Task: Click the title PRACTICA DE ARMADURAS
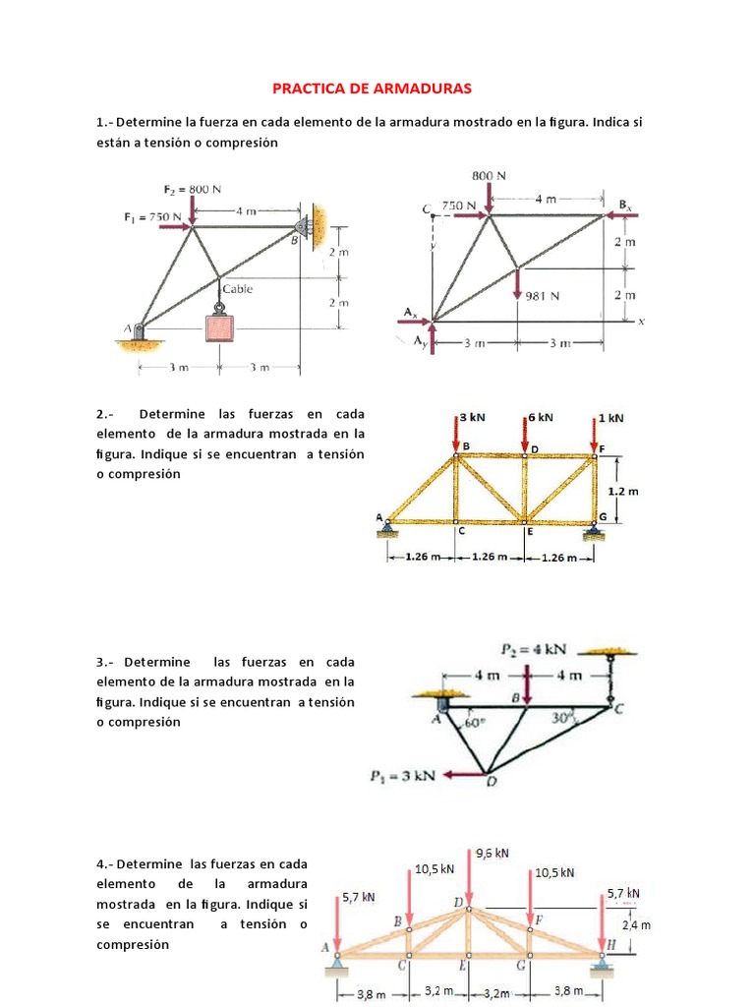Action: click(372, 89)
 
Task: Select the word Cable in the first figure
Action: click(237, 289)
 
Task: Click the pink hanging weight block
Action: click(220, 327)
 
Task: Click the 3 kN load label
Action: click(473, 417)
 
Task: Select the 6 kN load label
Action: click(542, 417)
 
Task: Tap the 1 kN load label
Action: click(611, 417)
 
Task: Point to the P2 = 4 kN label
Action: click(536, 649)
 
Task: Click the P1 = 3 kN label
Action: click(403, 775)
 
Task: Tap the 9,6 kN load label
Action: click(492, 853)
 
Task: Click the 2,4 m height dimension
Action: click(637, 925)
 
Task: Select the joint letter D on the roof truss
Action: click(458, 902)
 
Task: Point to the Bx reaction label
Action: click(625, 205)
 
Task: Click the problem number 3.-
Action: click(106, 663)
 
